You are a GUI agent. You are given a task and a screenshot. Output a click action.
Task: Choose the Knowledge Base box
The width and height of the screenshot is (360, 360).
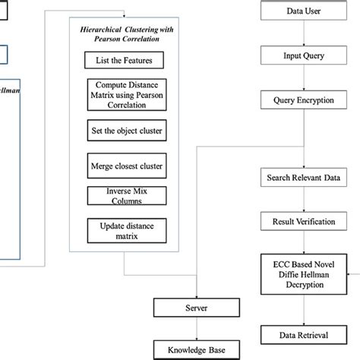(197, 349)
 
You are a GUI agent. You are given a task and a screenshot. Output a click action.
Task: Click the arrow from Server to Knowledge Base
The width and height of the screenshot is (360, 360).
(197, 329)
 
